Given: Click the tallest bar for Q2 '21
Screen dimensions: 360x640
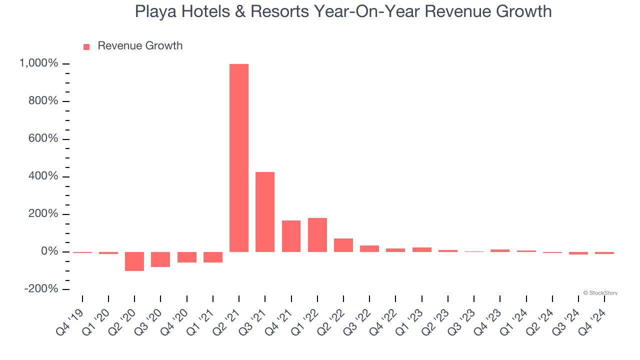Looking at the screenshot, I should point(239,158).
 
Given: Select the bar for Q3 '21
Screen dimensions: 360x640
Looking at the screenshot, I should point(265,212).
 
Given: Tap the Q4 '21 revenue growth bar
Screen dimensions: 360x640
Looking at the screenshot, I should point(291,236).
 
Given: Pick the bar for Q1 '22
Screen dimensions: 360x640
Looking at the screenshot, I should point(317,235).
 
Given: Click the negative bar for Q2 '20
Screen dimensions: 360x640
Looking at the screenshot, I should point(134,261).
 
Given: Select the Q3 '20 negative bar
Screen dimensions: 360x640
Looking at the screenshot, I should point(160,259).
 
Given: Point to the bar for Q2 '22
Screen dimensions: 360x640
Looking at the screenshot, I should point(343,245).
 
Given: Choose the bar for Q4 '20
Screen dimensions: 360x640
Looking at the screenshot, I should point(186,257).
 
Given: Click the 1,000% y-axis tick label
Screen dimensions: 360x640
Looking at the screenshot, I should point(38,63).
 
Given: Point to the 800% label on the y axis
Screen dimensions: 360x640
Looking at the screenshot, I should point(42,101).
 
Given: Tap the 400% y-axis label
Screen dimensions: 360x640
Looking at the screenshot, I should point(42,176).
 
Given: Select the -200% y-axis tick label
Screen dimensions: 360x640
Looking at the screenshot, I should point(40,289).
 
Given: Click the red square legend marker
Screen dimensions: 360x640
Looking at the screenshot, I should point(86,46).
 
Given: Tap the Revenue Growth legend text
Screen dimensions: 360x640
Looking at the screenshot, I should point(140,46).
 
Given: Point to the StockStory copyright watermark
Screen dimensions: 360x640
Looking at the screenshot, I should point(600,293).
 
